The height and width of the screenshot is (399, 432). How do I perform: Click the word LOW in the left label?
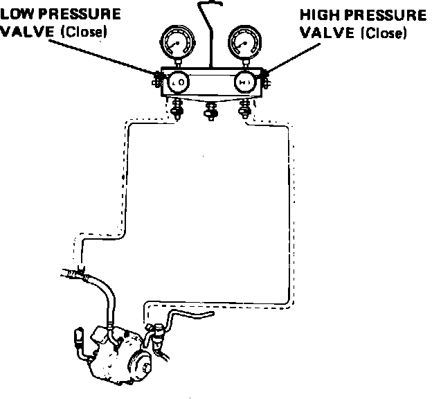pos(16,15)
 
